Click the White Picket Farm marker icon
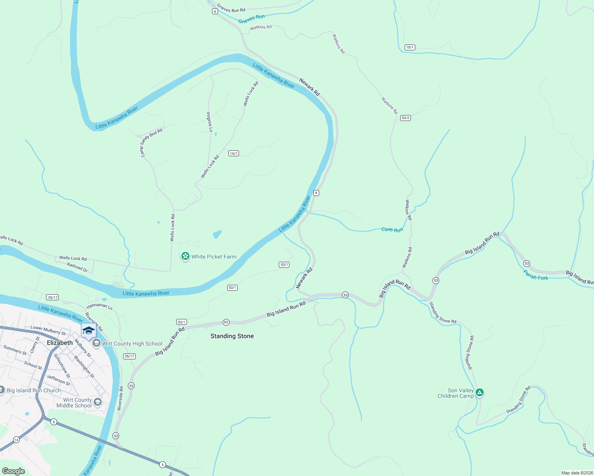coord(185,257)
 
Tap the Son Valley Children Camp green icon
coord(480,393)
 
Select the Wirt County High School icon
coord(96,343)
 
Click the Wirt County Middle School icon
coord(98,403)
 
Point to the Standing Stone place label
coord(232,336)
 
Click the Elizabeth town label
coord(60,343)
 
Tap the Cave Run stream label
coord(392,230)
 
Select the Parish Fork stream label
coord(535,275)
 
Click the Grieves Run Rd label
coord(231,8)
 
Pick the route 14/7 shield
coord(233,154)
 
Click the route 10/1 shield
coord(410,47)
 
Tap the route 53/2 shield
coord(405,118)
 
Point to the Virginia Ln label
coord(209,122)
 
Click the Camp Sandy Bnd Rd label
coord(151,142)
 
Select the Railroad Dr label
coord(77,267)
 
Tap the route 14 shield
coord(16,440)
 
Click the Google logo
coord(13,471)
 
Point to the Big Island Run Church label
coord(34,390)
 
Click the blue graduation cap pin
coord(89,331)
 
